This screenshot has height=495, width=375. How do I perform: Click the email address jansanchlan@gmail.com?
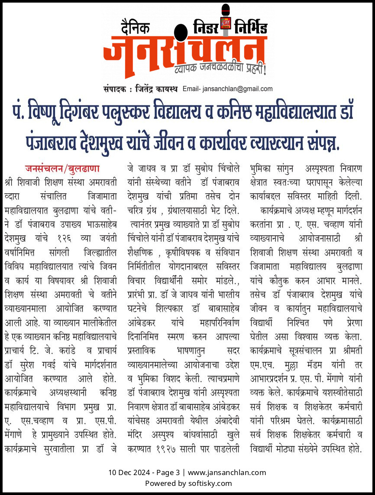coord(236,89)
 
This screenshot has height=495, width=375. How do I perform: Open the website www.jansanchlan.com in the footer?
coord(227,472)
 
